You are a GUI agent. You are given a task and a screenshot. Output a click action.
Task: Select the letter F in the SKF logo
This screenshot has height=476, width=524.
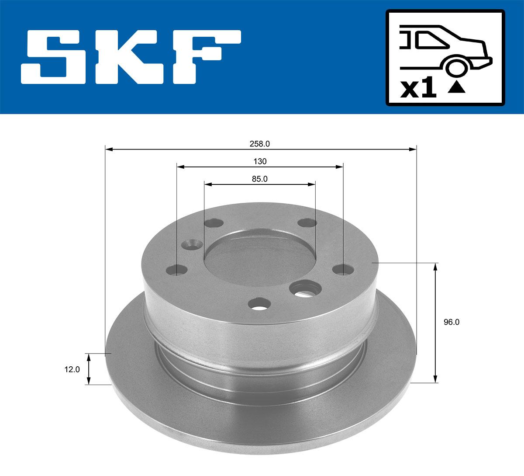pyautogui.click(x=205, y=57)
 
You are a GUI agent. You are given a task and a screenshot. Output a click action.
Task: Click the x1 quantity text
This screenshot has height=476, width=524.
pyautogui.click(x=418, y=89)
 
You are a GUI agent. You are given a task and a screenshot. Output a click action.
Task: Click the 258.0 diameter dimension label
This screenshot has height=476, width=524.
pyautogui.click(x=260, y=144)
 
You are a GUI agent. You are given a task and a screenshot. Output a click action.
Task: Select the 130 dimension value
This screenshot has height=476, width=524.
pyautogui.click(x=260, y=162)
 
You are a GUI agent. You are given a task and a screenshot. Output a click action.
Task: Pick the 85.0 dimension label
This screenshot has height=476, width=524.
pyautogui.click(x=259, y=179)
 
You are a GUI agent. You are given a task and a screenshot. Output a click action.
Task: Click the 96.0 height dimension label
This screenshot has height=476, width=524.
pyautogui.click(x=452, y=322)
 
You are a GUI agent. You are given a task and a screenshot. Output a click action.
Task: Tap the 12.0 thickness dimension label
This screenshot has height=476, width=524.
pyautogui.click(x=72, y=369)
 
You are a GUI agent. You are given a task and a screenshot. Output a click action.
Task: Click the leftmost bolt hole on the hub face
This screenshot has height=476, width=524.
pyautogui.click(x=177, y=270)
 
